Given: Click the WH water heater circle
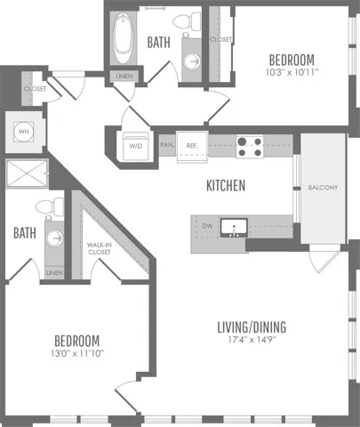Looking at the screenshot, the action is tap(23, 132).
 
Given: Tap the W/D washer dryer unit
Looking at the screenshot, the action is tap(136, 146).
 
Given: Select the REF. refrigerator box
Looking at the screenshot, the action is tap(192, 147).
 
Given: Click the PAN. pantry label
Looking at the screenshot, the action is tap(167, 145).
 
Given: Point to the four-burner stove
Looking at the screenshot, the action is tap(250, 147).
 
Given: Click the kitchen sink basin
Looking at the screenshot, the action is tap(234, 228).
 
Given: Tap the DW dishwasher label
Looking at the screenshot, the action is tap(207, 226).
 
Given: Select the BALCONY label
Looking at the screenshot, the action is tap(323, 188).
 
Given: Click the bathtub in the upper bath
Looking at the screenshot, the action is tap(123, 37).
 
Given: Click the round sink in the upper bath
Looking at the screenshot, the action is tap(191, 61).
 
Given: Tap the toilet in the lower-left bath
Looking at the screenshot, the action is tap(49, 206).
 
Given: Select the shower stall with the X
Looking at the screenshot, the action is tap(27, 173).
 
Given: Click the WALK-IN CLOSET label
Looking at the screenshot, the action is tap(100, 248).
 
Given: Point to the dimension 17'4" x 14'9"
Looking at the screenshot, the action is tap(252, 340).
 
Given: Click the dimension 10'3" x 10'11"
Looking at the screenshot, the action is tap(292, 72).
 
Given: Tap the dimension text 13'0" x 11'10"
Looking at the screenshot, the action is tap(77, 353).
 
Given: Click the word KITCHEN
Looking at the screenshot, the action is tap(226, 185).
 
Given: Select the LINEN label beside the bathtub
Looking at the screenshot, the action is tap(124, 77).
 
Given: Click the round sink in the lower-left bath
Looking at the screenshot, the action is tap(54, 238).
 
